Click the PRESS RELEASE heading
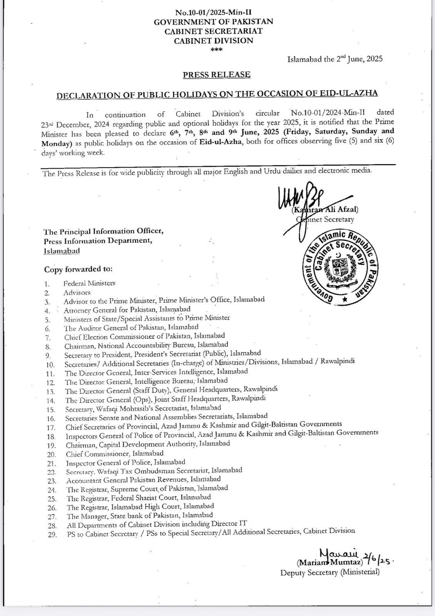point(217,75)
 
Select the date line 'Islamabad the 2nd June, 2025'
point(335,59)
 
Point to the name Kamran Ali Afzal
point(325,210)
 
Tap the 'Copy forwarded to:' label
point(78,269)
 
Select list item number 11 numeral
point(50,373)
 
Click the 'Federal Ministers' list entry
point(89,283)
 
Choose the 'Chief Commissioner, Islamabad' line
point(114,454)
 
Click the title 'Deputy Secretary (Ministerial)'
point(330,572)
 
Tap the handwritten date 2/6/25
point(377,560)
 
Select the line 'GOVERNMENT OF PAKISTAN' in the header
point(213,22)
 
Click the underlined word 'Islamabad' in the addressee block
point(62,251)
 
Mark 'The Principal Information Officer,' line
point(104,232)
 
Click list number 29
point(52,535)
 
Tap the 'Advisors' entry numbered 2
point(77,293)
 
